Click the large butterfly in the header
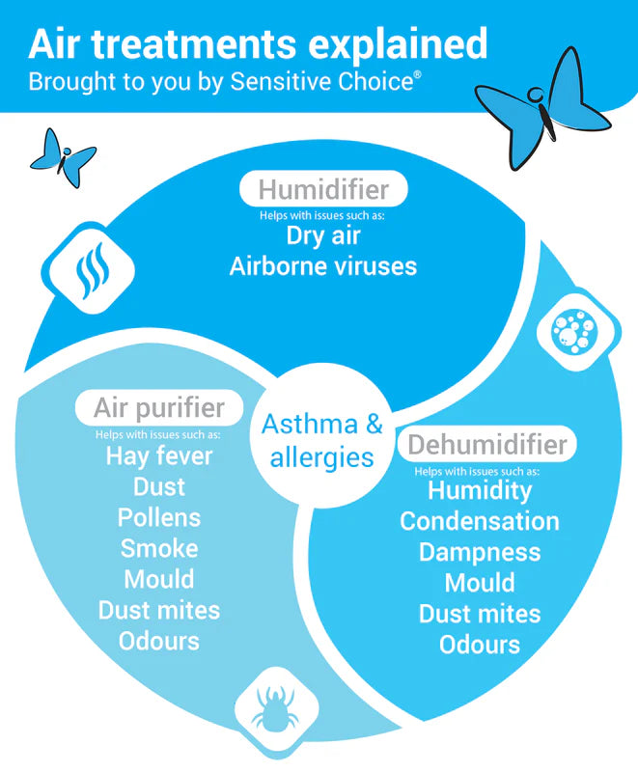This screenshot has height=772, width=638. pyautogui.click(x=541, y=112)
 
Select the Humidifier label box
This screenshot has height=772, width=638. pyautogui.click(x=323, y=189)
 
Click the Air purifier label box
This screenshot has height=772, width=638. pyautogui.click(x=159, y=407)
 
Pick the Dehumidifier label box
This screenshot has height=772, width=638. pyautogui.click(x=486, y=444)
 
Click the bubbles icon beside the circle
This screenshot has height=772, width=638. pyautogui.click(x=574, y=331)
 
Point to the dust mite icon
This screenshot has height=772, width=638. pyautogui.click(x=276, y=708)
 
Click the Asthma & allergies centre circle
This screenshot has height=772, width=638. pyautogui.click(x=322, y=436)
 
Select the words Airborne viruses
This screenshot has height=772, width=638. pyautogui.click(x=323, y=266)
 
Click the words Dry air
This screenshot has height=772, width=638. pyautogui.click(x=323, y=235)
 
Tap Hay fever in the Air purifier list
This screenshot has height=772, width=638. pyautogui.click(x=159, y=456)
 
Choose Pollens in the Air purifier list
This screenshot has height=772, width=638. pyautogui.click(x=159, y=517)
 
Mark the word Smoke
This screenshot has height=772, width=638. pyautogui.click(x=159, y=548)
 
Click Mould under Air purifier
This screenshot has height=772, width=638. pyautogui.click(x=159, y=579)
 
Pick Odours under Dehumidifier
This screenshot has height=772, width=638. pyautogui.click(x=480, y=645)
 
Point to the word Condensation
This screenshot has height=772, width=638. pyautogui.click(x=480, y=521)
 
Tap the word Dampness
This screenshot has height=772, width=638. pyautogui.click(x=480, y=552)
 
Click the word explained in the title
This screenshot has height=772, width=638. pyautogui.click(x=398, y=45)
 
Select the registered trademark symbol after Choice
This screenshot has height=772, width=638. pyautogui.click(x=418, y=75)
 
